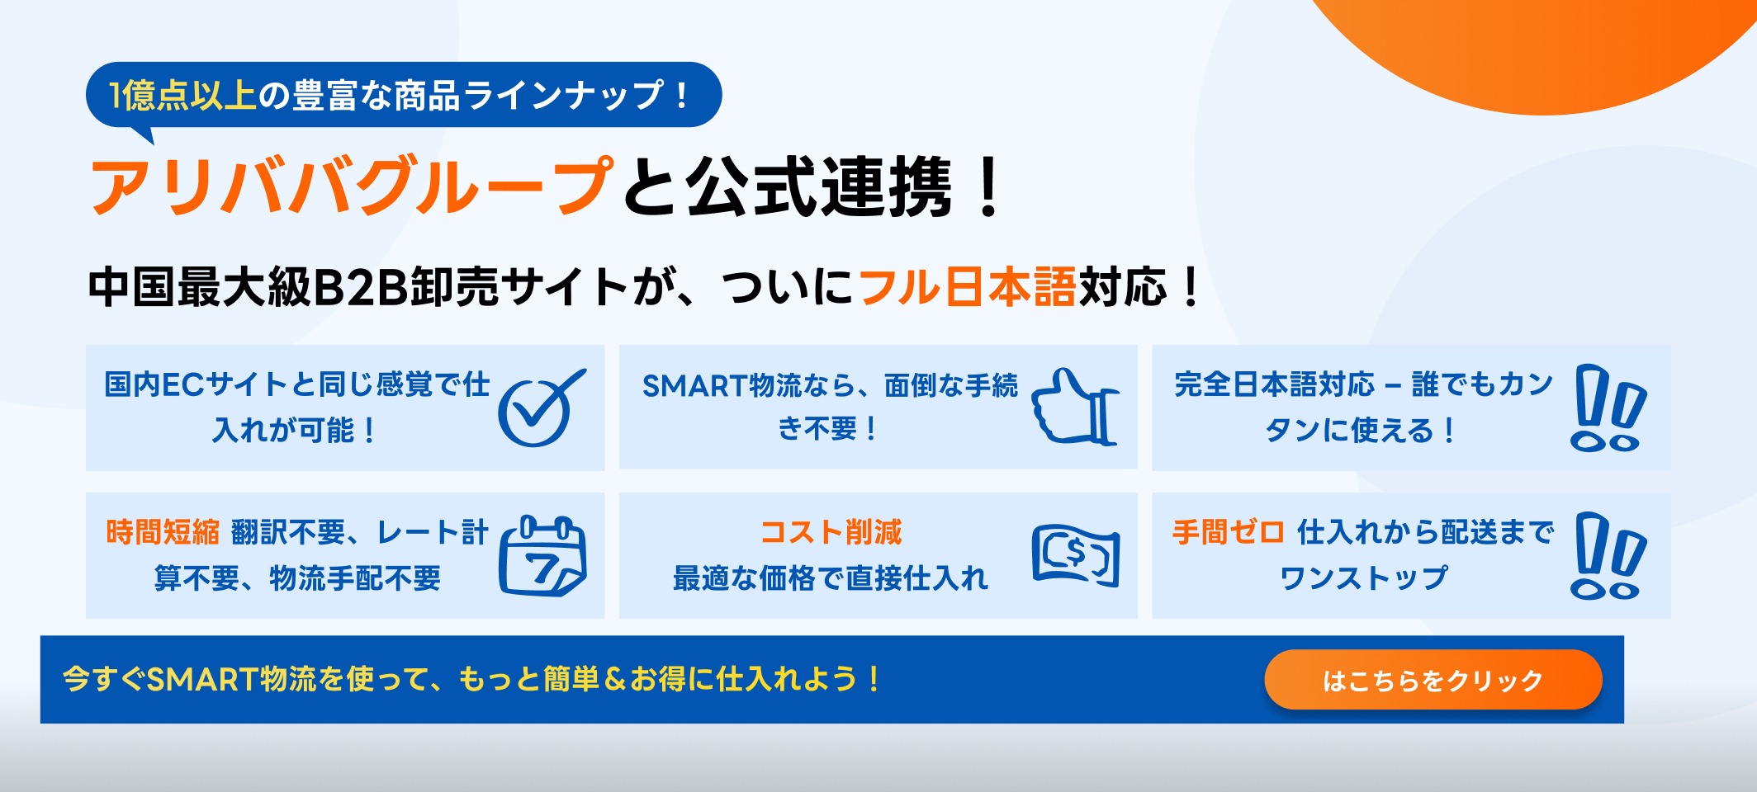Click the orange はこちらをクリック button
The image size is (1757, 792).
[1433, 680]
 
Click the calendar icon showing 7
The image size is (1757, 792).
[542, 555]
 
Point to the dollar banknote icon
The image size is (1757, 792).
[1076, 555]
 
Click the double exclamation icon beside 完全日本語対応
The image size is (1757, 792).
[1608, 408]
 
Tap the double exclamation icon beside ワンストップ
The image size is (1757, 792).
[1608, 555]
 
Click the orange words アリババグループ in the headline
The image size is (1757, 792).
[352, 186]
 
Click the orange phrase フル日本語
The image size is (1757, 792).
[968, 287]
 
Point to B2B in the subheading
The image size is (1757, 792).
[361, 287]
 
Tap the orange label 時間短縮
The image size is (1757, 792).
[163, 532]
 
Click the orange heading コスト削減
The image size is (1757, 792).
[831, 532]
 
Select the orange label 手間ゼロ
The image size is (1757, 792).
[1228, 532]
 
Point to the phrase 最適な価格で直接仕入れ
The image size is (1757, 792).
[831, 578]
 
